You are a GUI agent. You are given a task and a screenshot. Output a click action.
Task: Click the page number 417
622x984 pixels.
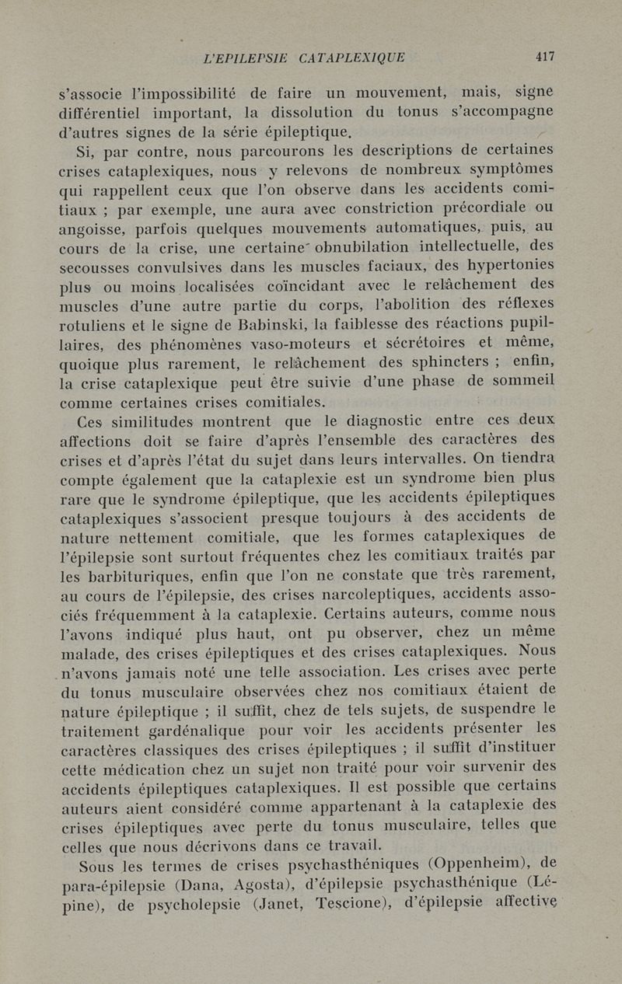coord(544,56)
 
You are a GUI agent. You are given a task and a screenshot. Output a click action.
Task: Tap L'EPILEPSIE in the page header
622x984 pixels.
coord(244,57)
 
